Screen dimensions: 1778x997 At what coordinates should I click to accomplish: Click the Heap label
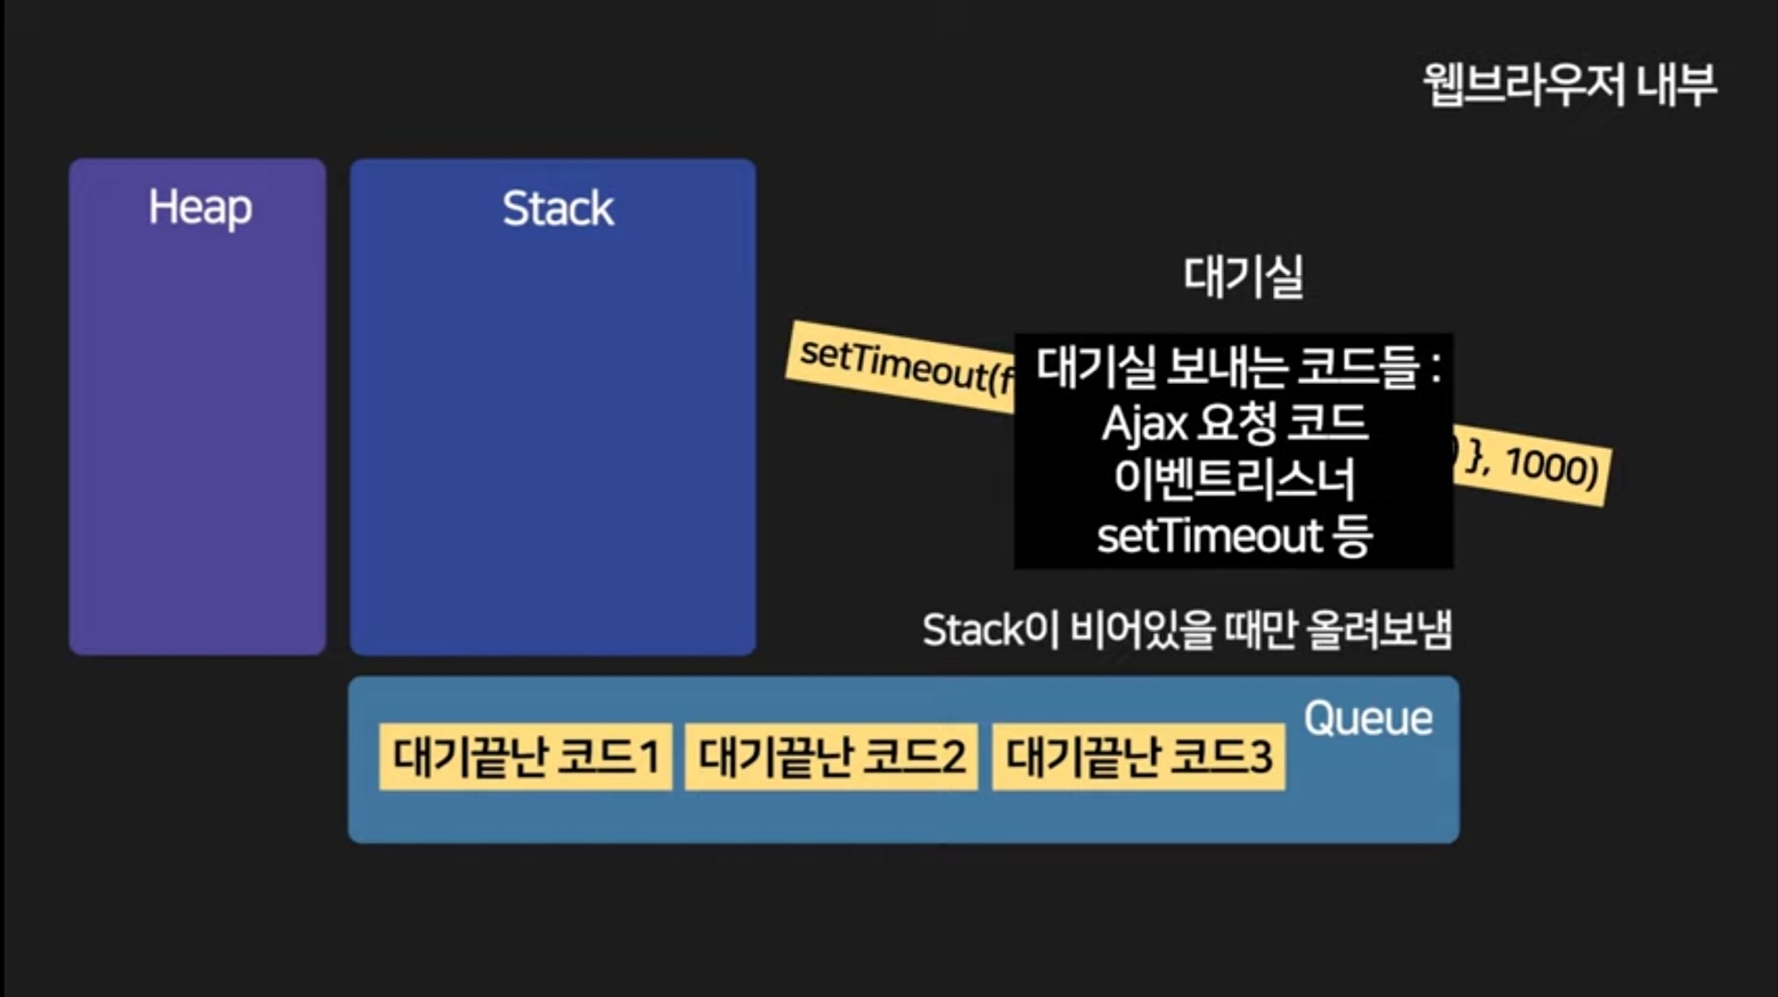(x=199, y=208)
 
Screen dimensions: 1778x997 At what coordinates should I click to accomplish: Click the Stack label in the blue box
(x=558, y=209)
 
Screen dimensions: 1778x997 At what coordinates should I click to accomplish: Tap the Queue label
(x=1368, y=718)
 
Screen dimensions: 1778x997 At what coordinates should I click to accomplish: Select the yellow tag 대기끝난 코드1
(x=525, y=757)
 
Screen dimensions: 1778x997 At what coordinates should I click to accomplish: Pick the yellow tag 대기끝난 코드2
(x=831, y=757)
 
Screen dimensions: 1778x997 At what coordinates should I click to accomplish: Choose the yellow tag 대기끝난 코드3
(x=1138, y=757)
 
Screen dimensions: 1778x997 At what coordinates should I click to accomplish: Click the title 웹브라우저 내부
(x=1568, y=85)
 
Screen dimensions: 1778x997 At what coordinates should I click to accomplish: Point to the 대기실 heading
(x=1243, y=276)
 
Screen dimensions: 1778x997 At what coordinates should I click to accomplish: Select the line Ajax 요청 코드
(x=1233, y=424)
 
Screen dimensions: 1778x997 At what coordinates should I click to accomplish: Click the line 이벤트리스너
(x=1233, y=479)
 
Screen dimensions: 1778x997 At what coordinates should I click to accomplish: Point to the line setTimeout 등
(x=1233, y=535)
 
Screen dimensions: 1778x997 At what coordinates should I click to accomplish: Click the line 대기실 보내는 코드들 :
(x=1237, y=366)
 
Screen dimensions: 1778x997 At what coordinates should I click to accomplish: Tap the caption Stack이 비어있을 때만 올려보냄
(x=1186, y=631)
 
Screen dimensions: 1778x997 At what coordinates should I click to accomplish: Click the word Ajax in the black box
(x=1144, y=425)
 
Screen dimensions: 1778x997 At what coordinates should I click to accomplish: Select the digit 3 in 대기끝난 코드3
(x=1261, y=757)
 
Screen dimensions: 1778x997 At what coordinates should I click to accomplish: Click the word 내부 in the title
(x=1676, y=85)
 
